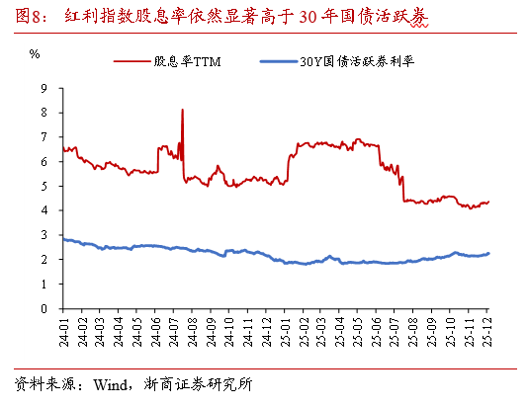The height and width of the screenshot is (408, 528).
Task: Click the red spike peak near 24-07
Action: [x=183, y=110]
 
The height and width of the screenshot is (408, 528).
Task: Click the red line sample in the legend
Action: [x=132, y=62]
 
